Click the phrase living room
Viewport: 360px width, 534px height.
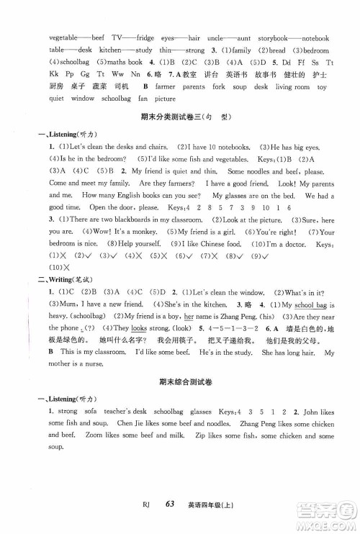pyautogui.click(x=292, y=87)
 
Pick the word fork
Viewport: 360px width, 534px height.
pyautogui.click(x=217, y=87)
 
